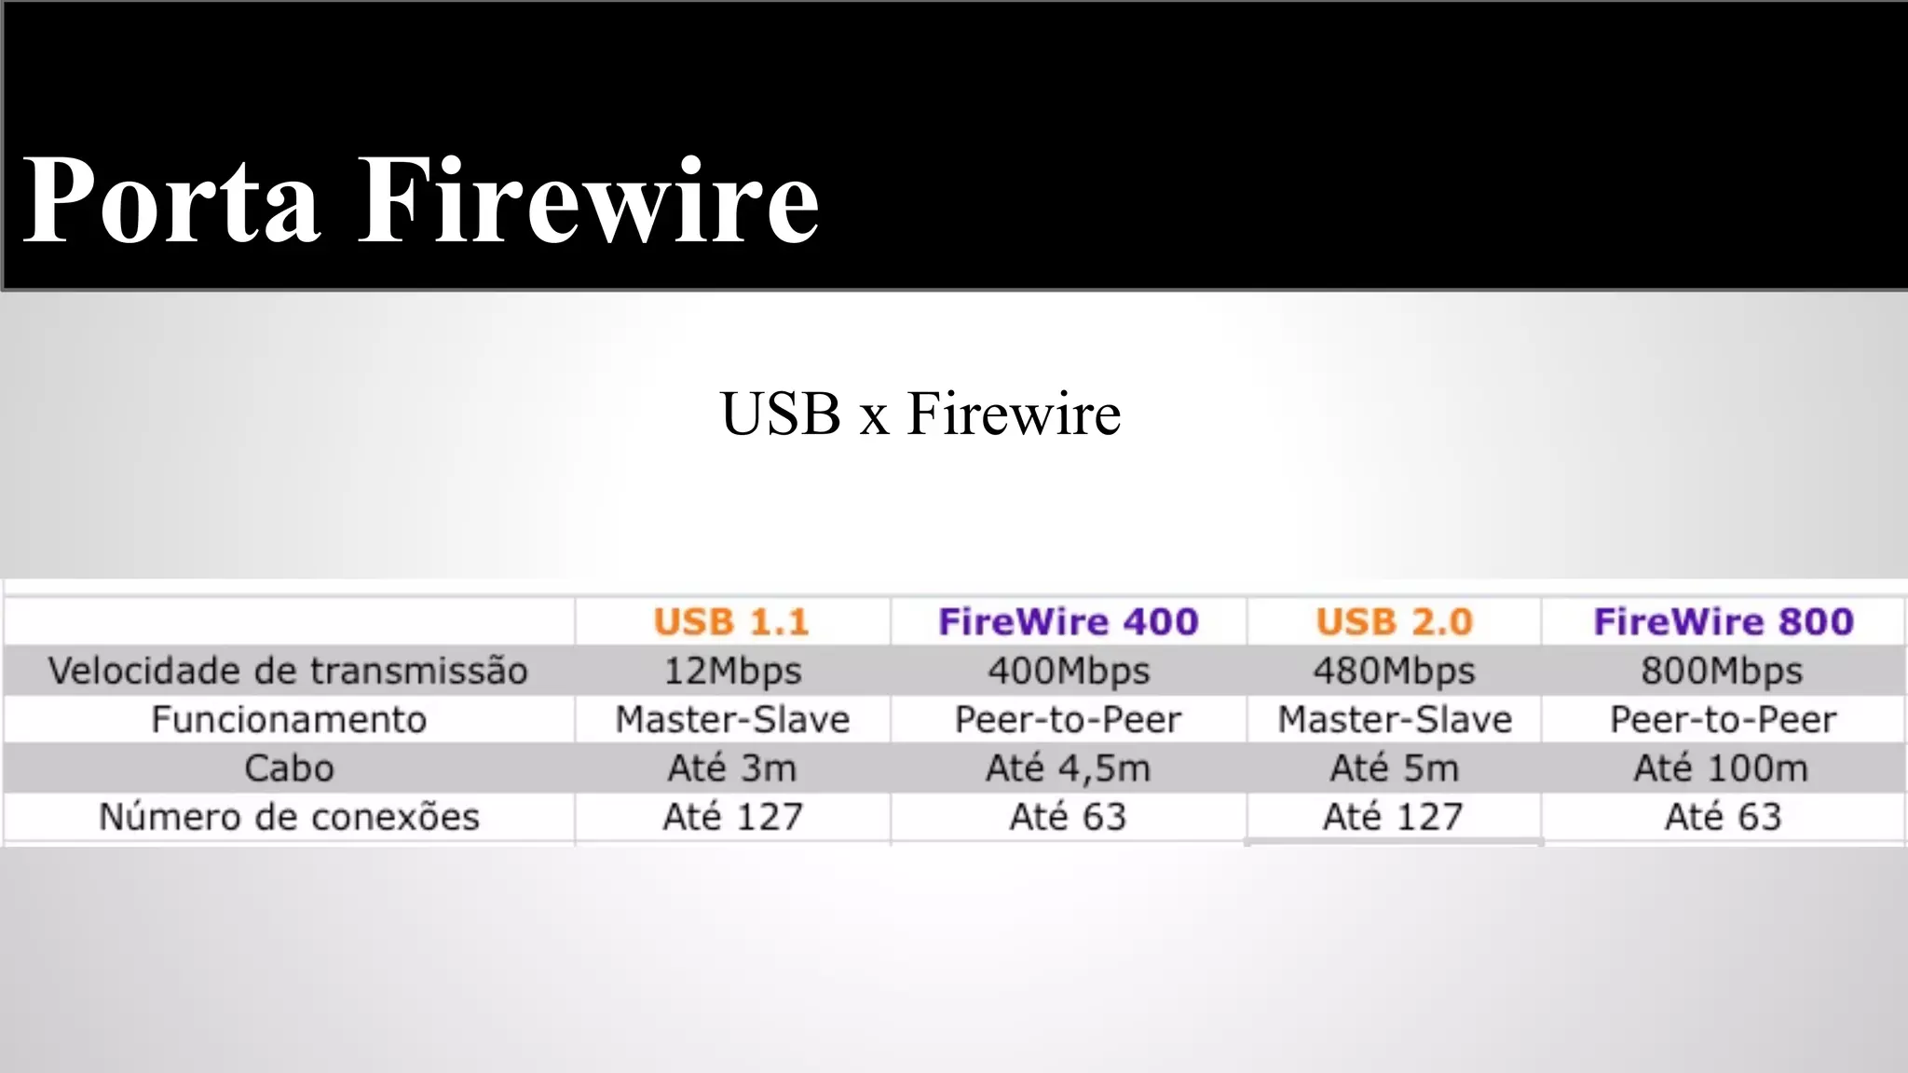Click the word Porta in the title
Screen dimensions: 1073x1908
pos(171,200)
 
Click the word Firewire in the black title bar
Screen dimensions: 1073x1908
pos(589,200)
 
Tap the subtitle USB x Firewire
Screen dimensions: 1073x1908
pos(920,414)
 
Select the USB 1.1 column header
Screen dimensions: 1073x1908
pos(731,622)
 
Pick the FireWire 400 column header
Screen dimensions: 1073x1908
pos(1068,622)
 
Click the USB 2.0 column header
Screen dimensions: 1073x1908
pos(1394,622)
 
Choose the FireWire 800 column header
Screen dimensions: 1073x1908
pos(1724,622)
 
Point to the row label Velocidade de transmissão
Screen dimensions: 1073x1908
pos(288,672)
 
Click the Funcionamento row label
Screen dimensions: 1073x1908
pos(289,720)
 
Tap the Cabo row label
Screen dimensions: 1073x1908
pos(289,768)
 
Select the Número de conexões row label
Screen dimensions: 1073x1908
pos(289,817)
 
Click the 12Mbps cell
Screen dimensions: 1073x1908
pos(732,672)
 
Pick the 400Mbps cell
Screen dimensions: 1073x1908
pos(1069,672)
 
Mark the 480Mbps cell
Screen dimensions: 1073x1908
pos(1394,672)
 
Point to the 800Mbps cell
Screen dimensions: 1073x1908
pos(1722,672)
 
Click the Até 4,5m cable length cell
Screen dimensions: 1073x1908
pos(1069,768)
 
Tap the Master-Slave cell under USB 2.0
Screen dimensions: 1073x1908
pos(1395,720)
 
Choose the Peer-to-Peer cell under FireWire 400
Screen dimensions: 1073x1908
pos(1069,720)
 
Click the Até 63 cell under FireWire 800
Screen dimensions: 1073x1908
pos(1723,817)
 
